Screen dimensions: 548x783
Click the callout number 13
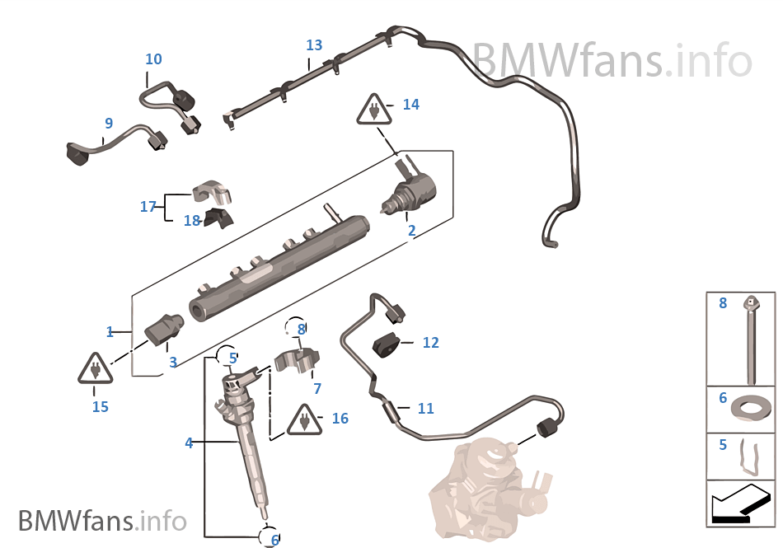(314, 45)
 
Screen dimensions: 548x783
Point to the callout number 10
(153, 59)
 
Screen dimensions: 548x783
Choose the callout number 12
(430, 343)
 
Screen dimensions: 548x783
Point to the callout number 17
(148, 207)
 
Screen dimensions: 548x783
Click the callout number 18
(191, 221)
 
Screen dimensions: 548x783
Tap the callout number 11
(425, 408)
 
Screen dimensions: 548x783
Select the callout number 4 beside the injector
(189, 443)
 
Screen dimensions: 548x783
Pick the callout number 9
(108, 124)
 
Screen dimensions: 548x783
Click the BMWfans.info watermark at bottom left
(102, 521)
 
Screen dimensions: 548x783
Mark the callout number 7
(317, 388)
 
